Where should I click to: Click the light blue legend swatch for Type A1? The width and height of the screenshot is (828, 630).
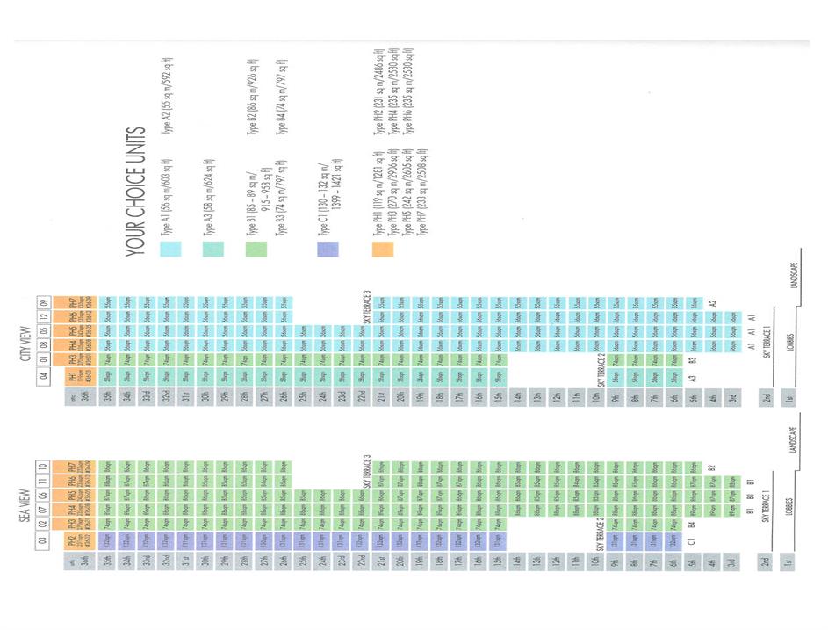(169, 250)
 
